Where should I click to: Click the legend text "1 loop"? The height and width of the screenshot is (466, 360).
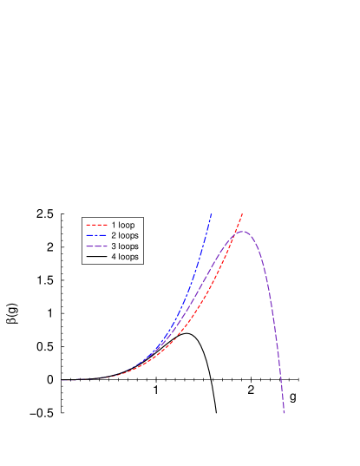click(x=122, y=226)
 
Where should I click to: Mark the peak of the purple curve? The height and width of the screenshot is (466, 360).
click(x=243, y=231)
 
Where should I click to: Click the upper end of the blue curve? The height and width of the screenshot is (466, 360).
click(x=212, y=213)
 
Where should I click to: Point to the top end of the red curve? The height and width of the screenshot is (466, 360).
click(x=242, y=213)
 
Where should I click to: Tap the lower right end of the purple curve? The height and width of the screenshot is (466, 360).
click(x=284, y=413)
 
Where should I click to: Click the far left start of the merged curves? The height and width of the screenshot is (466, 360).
click(x=62, y=380)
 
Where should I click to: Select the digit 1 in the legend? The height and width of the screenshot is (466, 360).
click(x=114, y=226)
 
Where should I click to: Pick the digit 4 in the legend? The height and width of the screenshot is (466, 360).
click(x=114, y=257)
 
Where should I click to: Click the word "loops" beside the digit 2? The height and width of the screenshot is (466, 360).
click(x=128, y=236)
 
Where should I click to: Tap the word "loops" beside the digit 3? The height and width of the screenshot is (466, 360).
click(x=128, y=246)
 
